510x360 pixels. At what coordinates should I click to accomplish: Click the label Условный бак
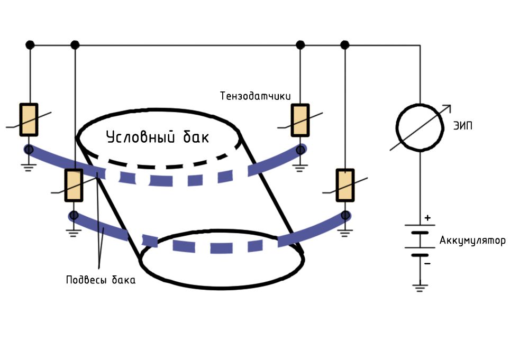pos(158,137)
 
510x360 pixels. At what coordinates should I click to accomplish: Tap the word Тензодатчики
pos(256,96)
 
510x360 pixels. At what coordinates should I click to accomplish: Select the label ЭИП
pos(462,126)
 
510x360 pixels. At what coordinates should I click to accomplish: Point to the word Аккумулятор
pos(472,241)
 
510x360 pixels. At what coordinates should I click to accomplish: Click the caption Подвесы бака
pos(101,280)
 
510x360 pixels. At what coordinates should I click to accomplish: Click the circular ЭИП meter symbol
pos(420,127)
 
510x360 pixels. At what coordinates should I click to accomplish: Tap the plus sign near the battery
pos(427,218)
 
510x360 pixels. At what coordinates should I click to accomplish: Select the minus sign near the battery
pos(427,263)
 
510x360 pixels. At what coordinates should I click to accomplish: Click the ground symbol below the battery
pos(420,288)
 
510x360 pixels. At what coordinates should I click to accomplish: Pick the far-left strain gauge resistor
pos(29,119)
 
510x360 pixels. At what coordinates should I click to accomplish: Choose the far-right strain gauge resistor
pos(345,185)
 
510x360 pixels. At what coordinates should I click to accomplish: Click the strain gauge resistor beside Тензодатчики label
pos(300,120)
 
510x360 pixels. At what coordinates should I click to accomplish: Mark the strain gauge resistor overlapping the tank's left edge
pos(74,185)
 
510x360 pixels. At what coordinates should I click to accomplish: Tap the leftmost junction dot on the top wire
pos(30,45)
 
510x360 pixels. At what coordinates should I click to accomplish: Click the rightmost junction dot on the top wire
pos(345,45)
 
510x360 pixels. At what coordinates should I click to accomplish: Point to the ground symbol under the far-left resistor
pos(29,168)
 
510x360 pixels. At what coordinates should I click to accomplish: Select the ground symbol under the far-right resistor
pos(345,233)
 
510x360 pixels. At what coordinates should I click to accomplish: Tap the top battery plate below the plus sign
pos(420,225)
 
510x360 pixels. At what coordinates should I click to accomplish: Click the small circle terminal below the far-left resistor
pos(29,150)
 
